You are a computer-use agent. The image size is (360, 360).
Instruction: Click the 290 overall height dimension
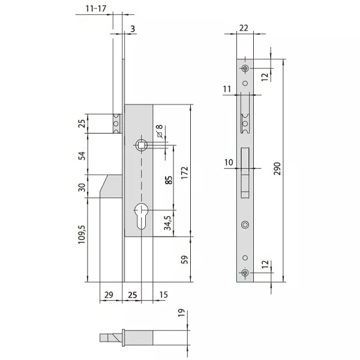click(277, 169)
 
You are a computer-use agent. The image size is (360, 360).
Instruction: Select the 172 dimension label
click(184, 173)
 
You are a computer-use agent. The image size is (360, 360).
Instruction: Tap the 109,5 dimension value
click(82, 235)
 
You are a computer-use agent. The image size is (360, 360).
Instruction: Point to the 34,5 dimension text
click(167, 223)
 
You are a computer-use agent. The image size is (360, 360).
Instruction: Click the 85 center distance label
click(169, 180)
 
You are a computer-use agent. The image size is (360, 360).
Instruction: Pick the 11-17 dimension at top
click(96, 9)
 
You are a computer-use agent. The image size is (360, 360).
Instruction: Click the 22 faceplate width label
click(244, 28)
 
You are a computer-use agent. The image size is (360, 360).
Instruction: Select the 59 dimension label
click(184, 259)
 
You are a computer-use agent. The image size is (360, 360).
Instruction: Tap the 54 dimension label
click(82, 155)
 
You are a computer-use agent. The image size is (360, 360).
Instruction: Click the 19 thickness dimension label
click(181, 313)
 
